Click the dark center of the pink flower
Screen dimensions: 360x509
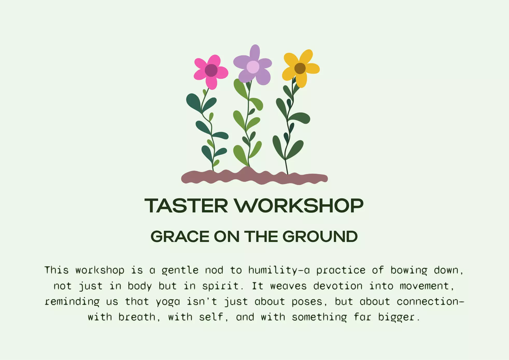click(x=211, y=70)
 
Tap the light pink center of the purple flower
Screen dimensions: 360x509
click(x=253, y=67)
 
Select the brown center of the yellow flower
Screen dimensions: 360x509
click(x=300, y=68)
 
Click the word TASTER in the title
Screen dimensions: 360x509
click(x=186, y=206)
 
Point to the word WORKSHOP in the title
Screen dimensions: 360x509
click(x=299, y=206)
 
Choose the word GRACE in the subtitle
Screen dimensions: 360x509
click(x=180, y=236)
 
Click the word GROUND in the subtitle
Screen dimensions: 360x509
click(x=320, y=236)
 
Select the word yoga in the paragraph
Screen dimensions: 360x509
click(x=168, y=302)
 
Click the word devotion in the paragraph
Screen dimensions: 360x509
click(x=338, y=286)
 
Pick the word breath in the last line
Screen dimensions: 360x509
click(x=137, y=317)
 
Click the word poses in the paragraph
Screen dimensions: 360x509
click(x=307, y=302)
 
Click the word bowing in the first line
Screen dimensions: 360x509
click(x=409, y=270)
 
